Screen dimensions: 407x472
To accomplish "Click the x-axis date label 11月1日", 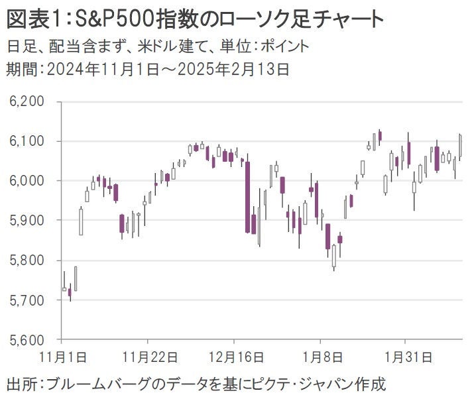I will (63, 357).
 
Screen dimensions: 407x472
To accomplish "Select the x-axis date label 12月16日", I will (233, 357).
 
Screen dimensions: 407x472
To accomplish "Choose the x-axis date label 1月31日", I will (410, 357).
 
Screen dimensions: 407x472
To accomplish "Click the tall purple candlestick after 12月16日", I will (247, 197).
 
